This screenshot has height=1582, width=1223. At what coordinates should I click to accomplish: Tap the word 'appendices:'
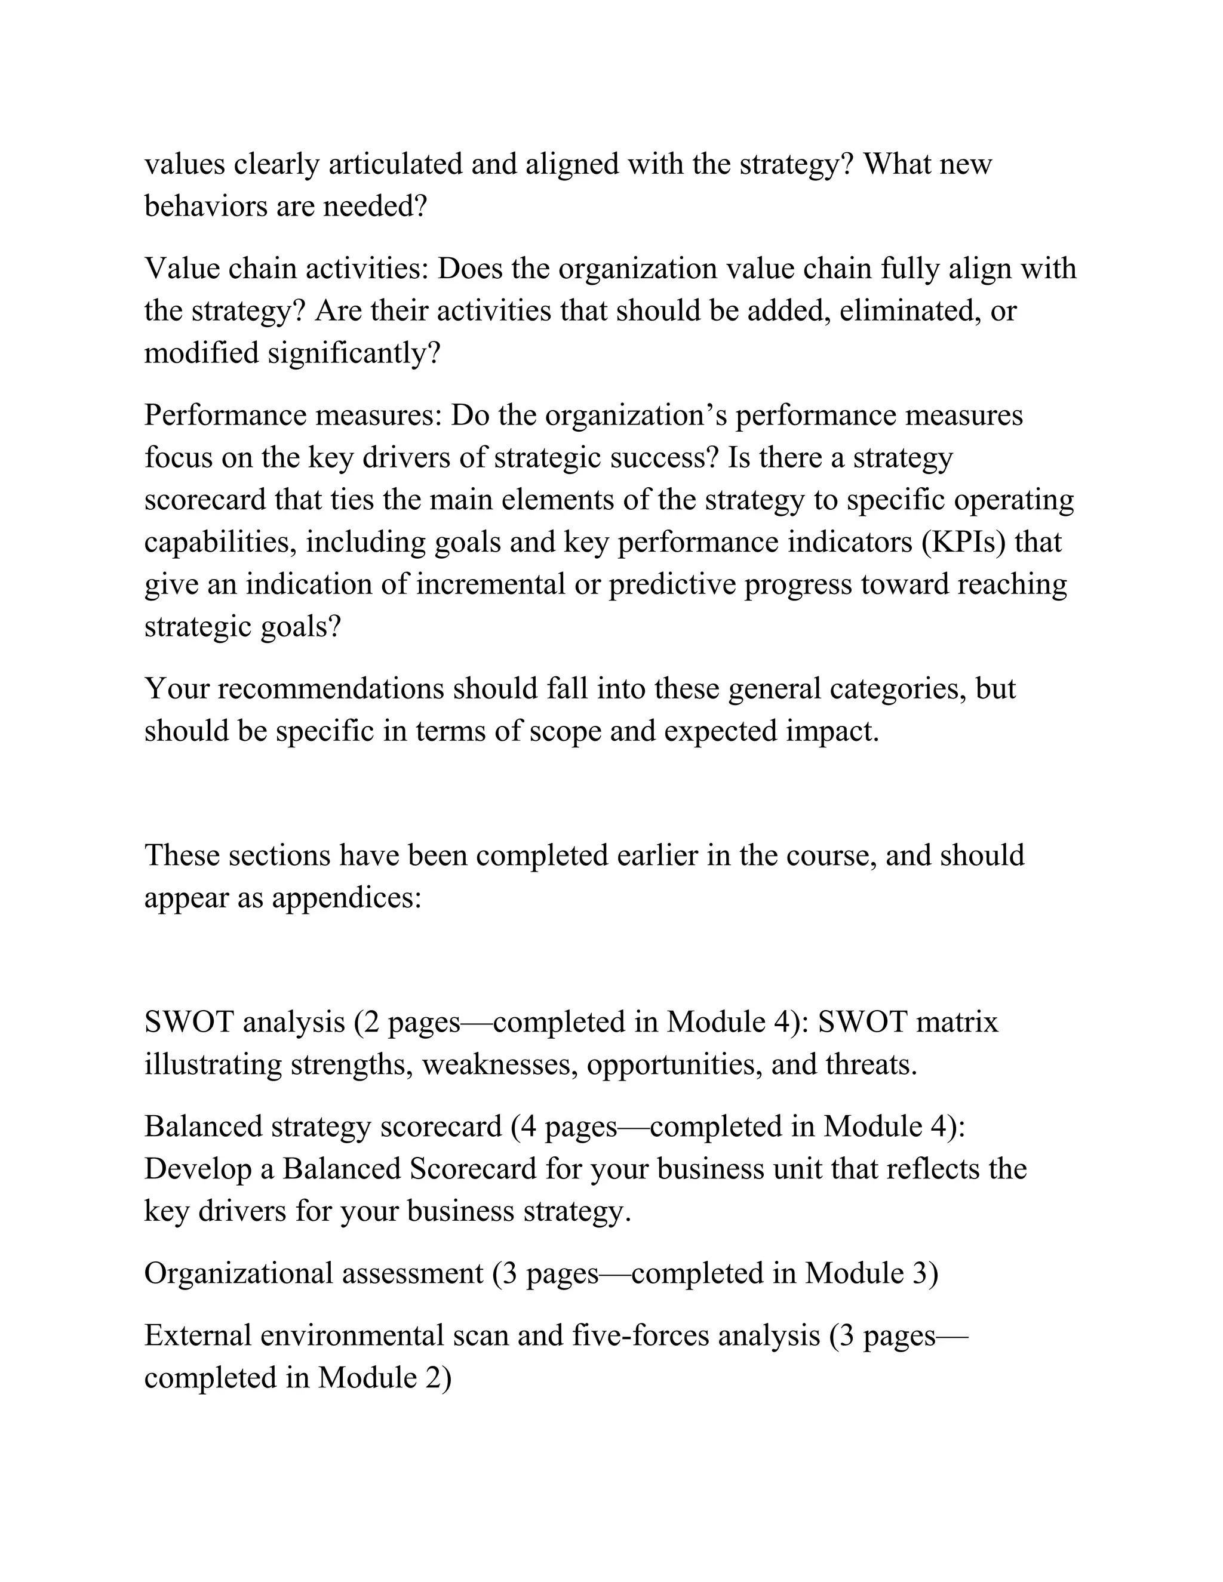pos(347,898)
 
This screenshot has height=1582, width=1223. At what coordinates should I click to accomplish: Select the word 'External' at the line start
pos(197,1335)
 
